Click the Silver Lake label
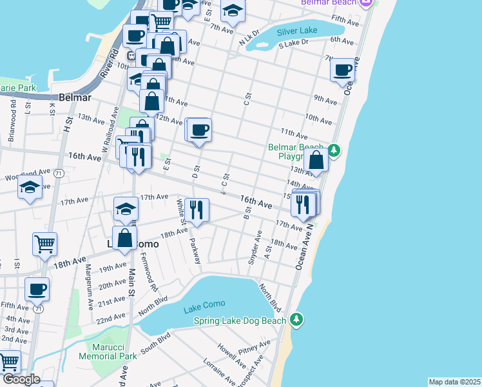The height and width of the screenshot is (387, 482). (297, 31)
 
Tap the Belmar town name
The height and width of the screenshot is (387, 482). (75, 98)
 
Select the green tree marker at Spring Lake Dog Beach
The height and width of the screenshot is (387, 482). (296, 319)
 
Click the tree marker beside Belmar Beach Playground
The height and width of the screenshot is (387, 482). (333, 151)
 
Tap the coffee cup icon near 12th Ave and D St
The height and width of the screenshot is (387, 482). (200, 130)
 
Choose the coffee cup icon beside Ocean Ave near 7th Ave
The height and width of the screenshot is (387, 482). (343, 69)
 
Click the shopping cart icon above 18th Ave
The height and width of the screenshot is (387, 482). (45, 244)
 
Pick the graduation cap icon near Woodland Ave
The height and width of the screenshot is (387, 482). (30, 186)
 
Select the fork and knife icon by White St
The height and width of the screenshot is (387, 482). (197, 209)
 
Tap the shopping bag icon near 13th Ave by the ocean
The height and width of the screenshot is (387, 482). (316, 161)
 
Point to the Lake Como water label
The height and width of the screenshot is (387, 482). (202, 309)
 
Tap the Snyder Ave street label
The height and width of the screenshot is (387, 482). (254, 252)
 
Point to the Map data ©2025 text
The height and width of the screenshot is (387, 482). (454, 382)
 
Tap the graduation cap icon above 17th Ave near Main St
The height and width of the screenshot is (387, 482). (126, 208)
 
